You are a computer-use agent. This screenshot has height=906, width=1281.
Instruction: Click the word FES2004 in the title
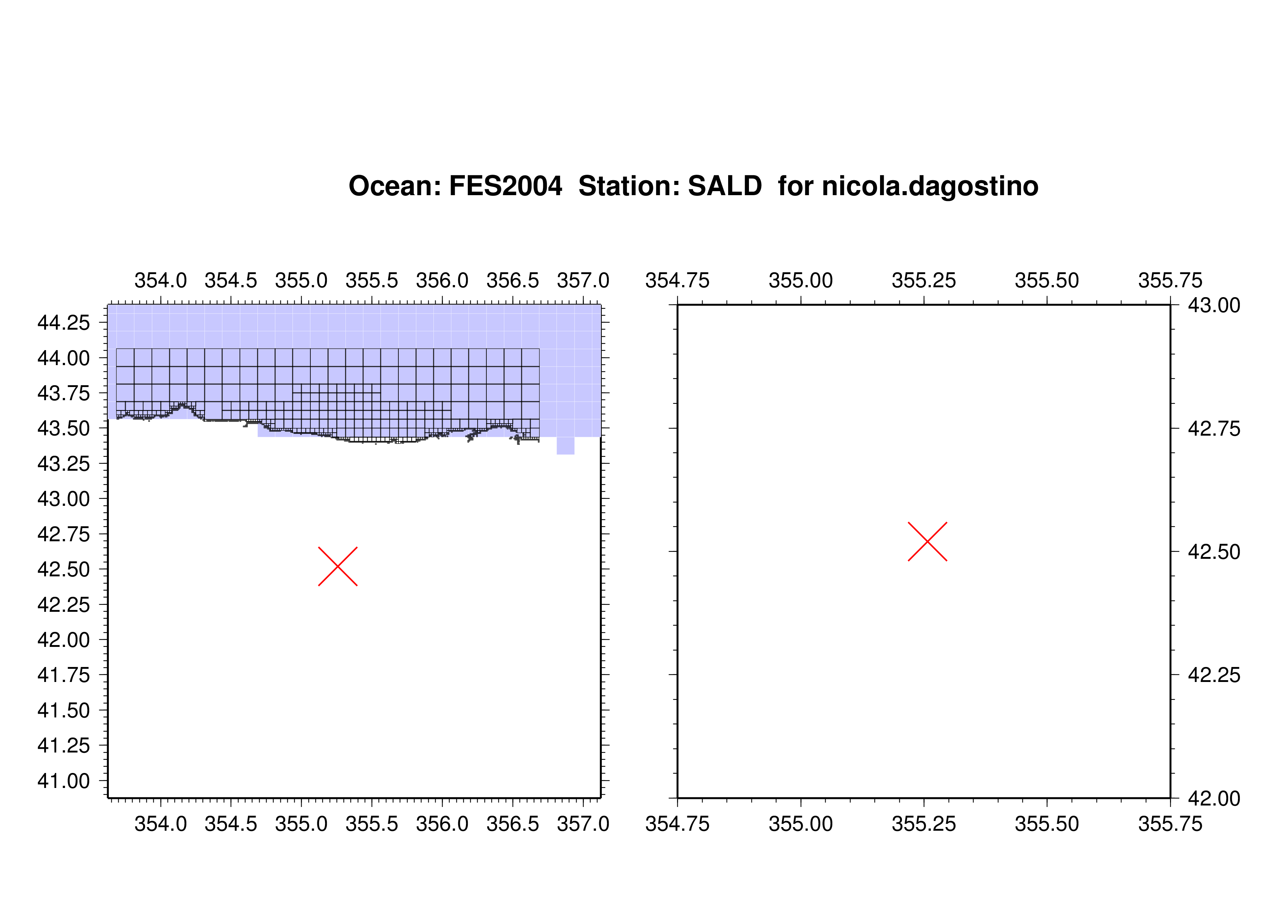[x=505, y=186]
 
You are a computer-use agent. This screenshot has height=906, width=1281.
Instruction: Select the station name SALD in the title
[x=725, y=186]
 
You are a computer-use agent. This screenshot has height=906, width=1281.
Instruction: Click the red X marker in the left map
[x=337, y=566]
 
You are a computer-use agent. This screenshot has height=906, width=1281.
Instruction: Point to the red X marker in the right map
[x=927, y=542]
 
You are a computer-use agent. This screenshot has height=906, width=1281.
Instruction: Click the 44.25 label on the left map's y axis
[x=63, y=323]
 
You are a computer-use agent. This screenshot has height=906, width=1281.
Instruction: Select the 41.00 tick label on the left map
[x=63, y=781]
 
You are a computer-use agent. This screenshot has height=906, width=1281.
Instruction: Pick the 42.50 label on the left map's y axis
[x=63, y=569]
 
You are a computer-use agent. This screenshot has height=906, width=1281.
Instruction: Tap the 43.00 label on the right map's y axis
[x=1214, y=305]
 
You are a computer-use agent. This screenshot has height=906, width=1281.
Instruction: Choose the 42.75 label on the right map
[x=1214, y=429]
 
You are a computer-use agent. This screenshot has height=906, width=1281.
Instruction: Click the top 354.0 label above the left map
[x=161, y=280]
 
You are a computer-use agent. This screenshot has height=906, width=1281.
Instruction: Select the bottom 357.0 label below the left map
[x=583, y=824]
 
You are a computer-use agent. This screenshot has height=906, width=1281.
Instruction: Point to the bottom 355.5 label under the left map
[x=372, y=824]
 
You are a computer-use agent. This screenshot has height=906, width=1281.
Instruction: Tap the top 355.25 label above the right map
[x=924, y=280]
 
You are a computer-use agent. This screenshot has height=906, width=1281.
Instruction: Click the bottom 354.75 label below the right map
[x=677, y=824]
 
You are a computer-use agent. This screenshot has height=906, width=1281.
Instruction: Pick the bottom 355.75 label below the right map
[x=1170, y=824]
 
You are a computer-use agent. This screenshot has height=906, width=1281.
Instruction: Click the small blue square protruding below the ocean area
[x=565, y=446]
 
